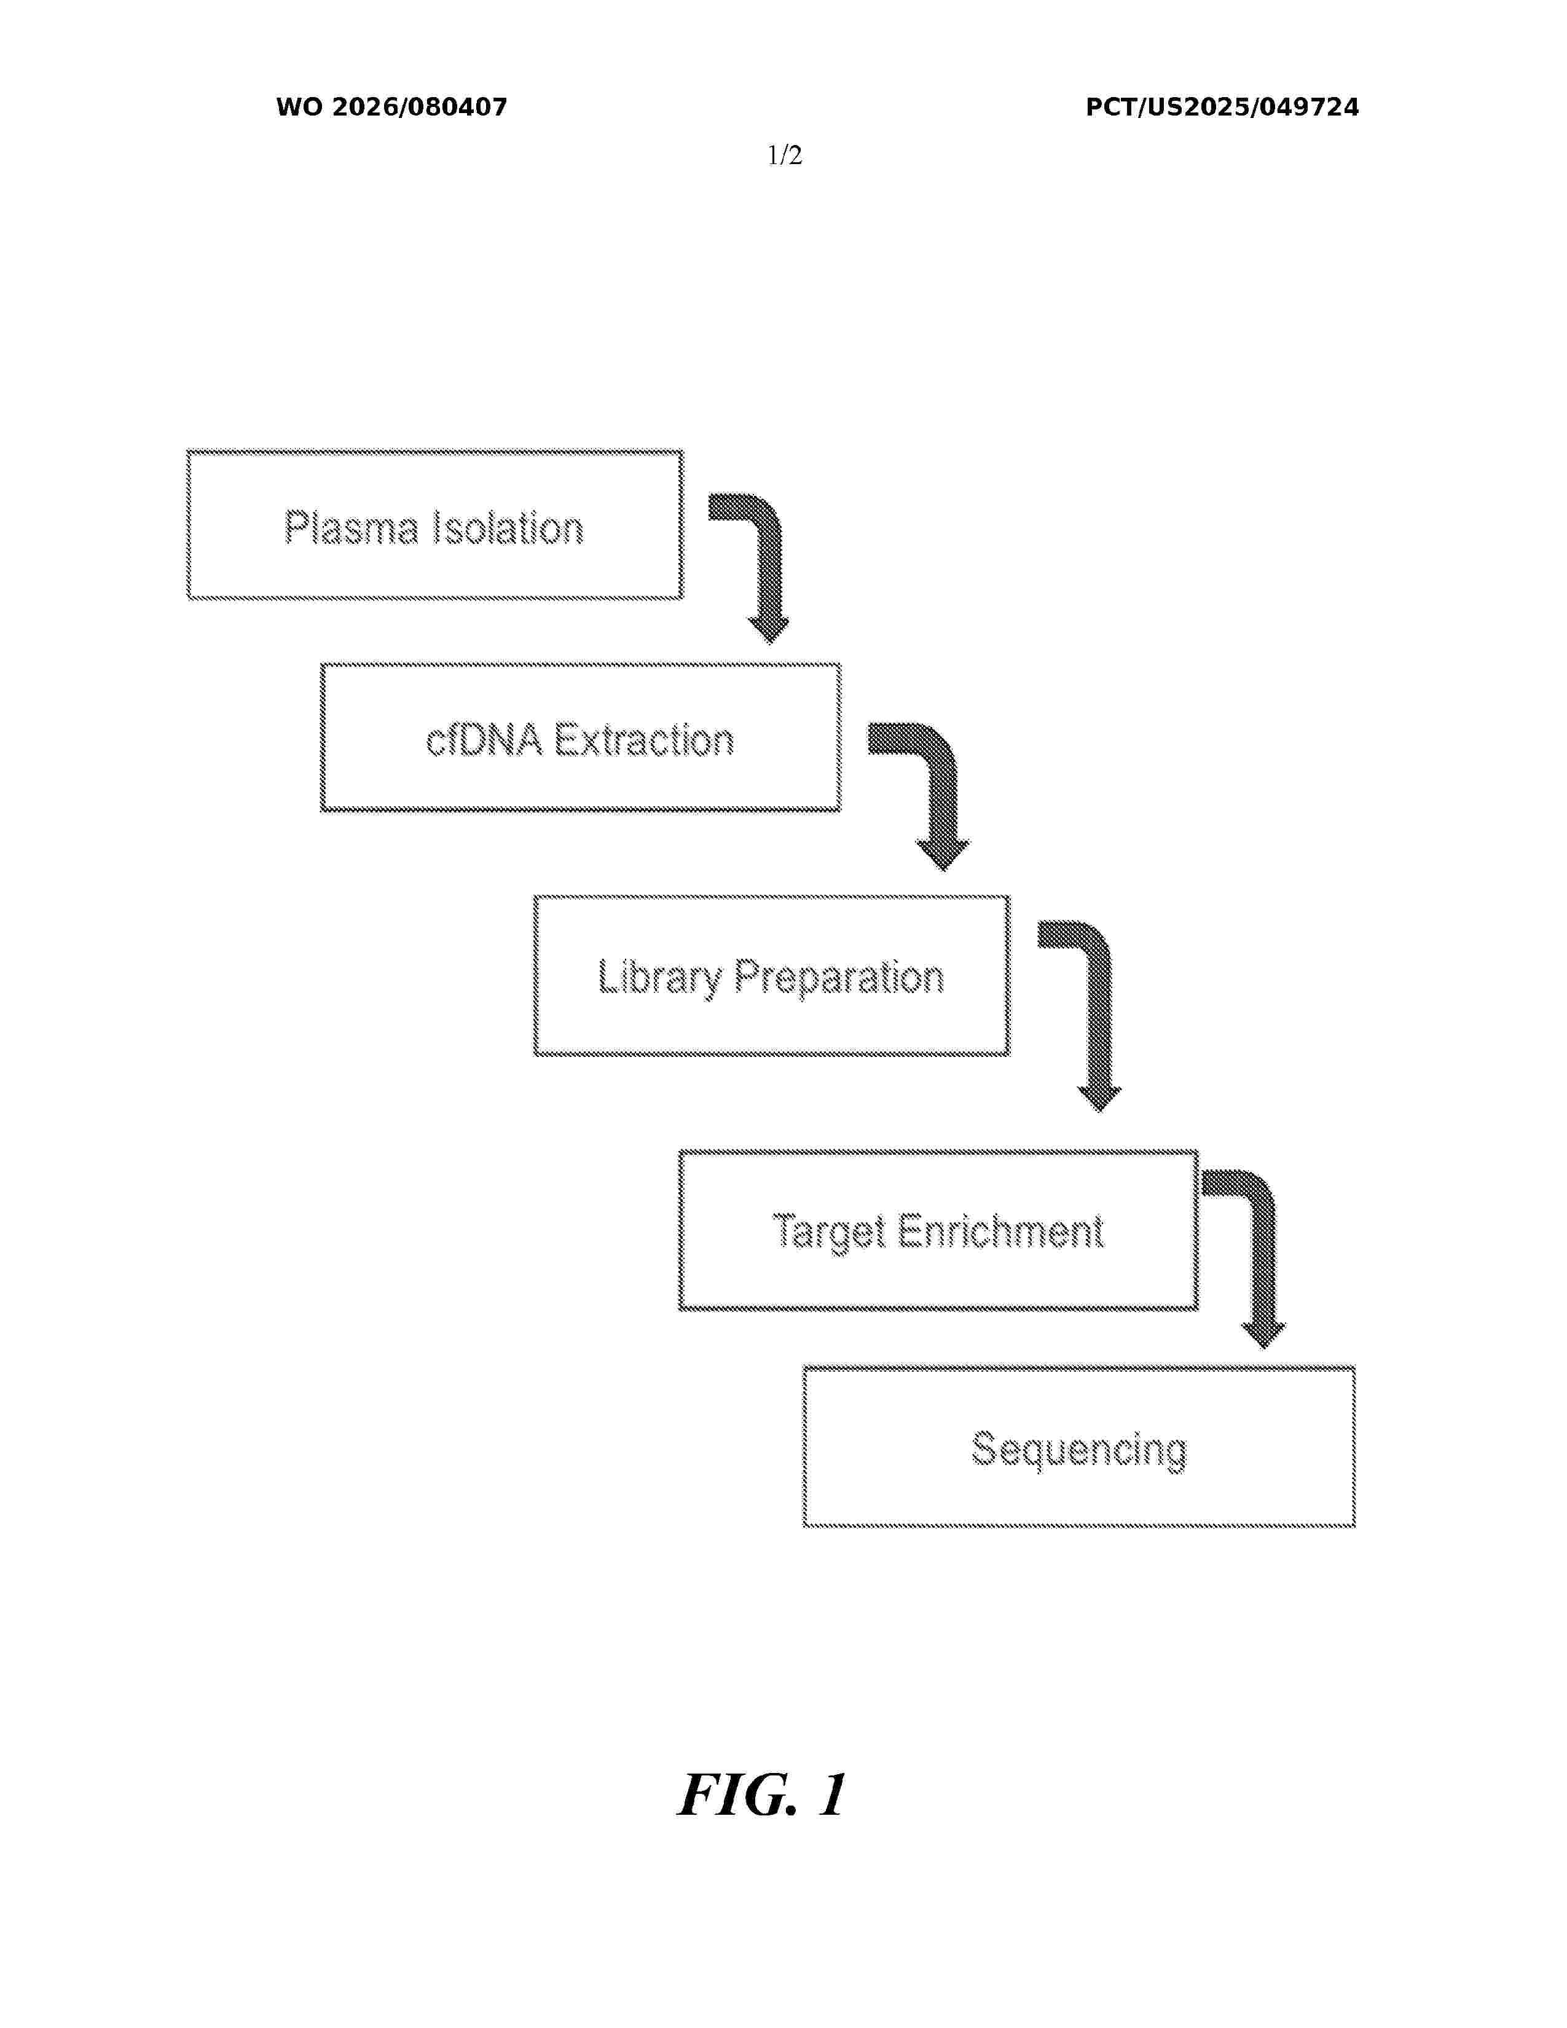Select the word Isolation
pos(509,527)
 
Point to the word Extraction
pos(644,740)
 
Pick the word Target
pos(828,1232)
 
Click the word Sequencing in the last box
pos(1078,1450)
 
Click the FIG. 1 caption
pos(762,1795)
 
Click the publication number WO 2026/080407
pos(392,108)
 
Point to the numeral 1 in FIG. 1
pos(832,1795)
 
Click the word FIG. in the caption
pos(738,1795)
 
